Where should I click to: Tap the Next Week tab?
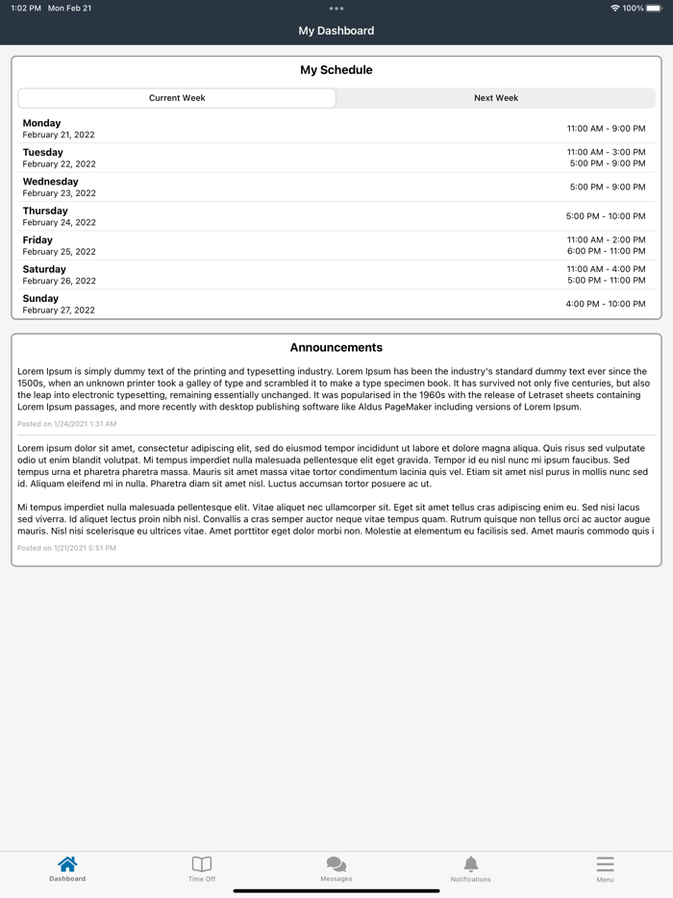[x=496, y=98]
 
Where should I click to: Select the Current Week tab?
[x=177, y=98]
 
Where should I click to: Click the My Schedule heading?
[x=336, y=70]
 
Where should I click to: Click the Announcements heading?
[x=336, y=348]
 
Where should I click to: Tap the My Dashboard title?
[x=336, y=31]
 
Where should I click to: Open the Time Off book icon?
[x=202, y=864]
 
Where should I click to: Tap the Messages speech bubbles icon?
[x=336, y=864]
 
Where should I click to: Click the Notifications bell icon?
[x=470, y=864]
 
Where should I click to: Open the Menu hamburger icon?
[x=605, y=864]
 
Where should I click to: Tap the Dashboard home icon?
[x=67, y=864]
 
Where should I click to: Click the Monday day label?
[x=41, y=123]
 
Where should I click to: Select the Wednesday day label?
[x=51, y=182]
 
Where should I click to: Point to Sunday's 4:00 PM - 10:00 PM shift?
[x=606, y=304]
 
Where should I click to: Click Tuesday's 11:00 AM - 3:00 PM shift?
[x=606, y=152]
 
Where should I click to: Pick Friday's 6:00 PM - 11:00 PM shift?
[x=606, y=251]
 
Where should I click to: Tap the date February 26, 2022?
[x=60, y=281]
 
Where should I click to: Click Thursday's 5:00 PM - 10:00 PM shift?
[x=606, y=216]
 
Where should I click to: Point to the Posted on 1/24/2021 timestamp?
[x=66, y=424]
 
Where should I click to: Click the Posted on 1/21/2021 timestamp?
[x=66, y=548]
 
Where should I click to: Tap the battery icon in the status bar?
[x=656, y=8]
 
